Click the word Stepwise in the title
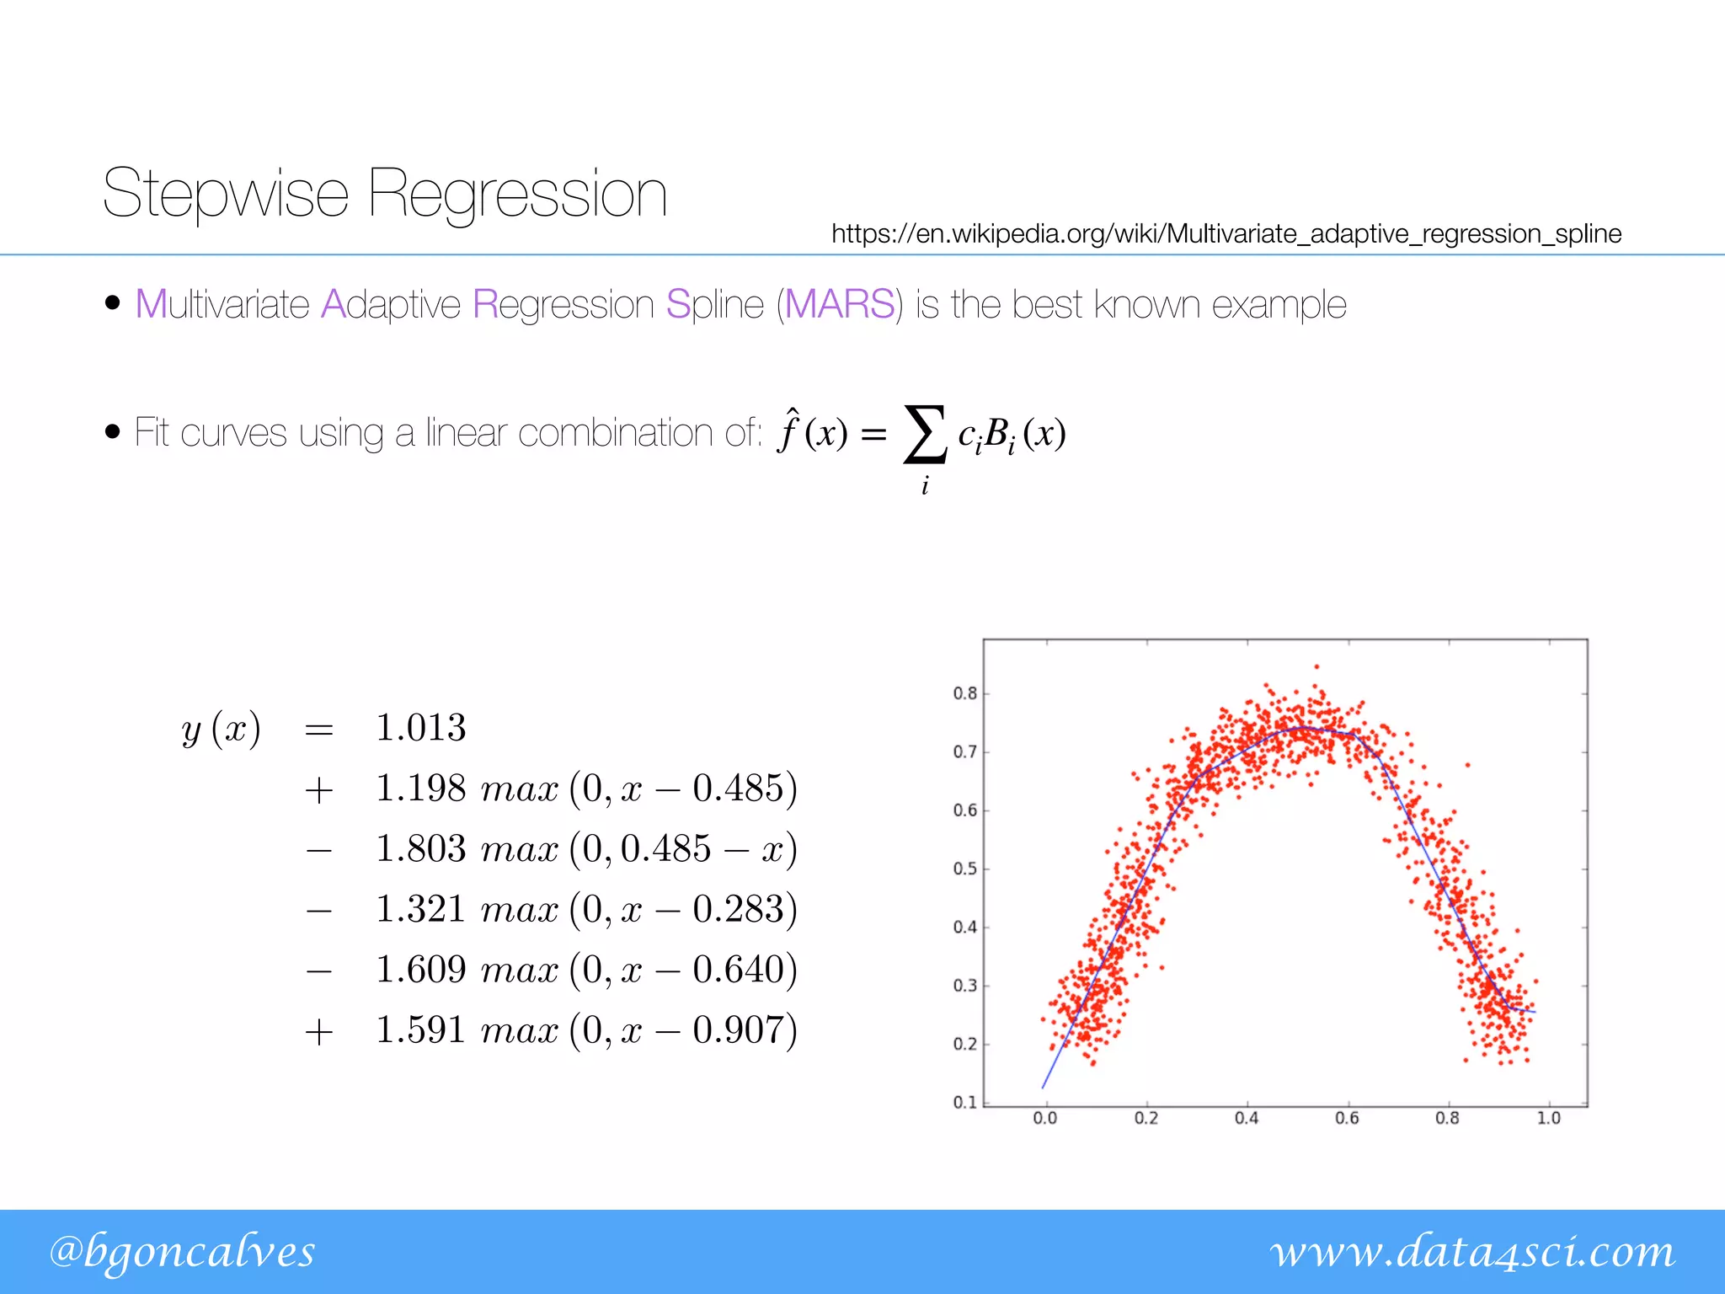tap(225, 194)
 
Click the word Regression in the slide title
tap(517, 194)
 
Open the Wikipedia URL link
tap(1226, 233)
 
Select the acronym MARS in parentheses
tap(839, 304)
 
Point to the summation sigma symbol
tap(924, 434)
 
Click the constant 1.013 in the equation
tap(420, 728)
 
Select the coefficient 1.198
tap(420, 789)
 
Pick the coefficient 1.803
tap(420, 848)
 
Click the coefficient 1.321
tap(420, 909)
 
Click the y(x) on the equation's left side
tap(221, 729)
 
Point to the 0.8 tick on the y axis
tap(965, 693)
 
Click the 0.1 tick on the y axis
tap(965, 1102)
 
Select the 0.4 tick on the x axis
tap(1247, 1118)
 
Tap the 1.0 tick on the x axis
tap(1548, 1118)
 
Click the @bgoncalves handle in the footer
tap(182, 1252)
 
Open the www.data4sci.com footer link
tap(1472, 1252)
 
